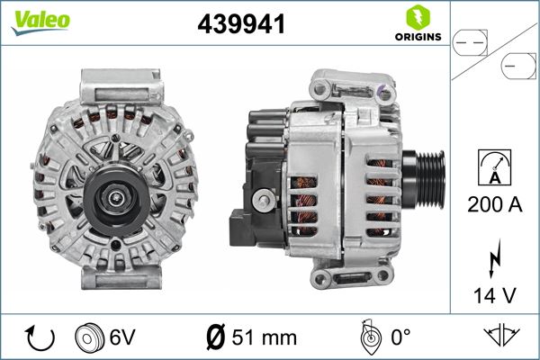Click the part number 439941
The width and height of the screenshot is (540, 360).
[241, 25]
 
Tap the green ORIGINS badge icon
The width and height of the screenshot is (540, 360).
[416, 17]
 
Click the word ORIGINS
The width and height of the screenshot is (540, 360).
[417, 37]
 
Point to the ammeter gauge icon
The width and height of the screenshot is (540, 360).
[493, 168]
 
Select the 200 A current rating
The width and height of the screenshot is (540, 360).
[494, 205]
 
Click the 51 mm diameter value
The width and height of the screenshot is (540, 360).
[263, 337]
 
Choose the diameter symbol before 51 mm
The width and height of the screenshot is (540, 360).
[217, 337]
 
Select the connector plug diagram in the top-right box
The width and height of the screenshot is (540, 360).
[493, 52]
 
